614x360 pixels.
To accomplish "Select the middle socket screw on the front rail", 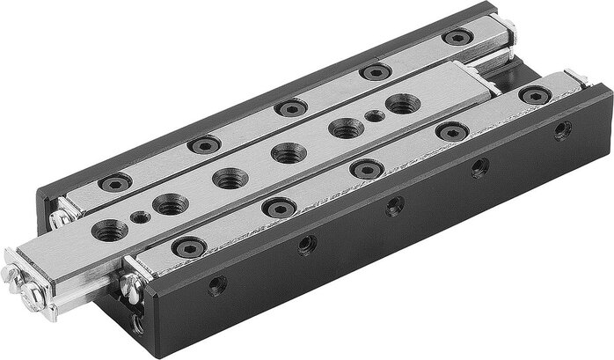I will (366, 168).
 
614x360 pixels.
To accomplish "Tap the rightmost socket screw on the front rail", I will (535, 94).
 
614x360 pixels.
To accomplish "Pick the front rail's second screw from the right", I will (451, 131).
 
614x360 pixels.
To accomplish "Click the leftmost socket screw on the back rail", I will (115, 183).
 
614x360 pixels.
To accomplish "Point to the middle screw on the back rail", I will (290, 107).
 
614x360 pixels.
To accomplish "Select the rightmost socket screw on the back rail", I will (457, 37).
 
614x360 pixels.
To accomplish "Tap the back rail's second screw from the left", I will (204, 144).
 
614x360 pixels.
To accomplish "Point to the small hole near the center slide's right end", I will (375, 115).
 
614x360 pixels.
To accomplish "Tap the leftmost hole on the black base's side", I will (216, 285).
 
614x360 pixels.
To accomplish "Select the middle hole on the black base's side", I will (395, 207).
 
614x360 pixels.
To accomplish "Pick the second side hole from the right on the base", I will (479, 168).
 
